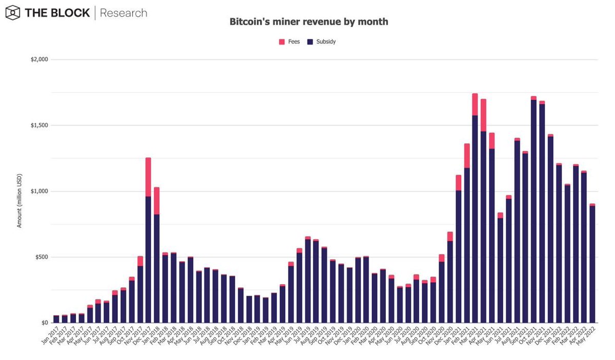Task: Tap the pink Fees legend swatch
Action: [x=281, y=41]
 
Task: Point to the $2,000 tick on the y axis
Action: [x=39, y=59]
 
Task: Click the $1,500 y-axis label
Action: [x=39, y=125]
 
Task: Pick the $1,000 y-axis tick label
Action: [x=39, y=191]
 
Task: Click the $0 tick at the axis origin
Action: [x=45, y=323]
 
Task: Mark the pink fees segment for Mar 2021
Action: [x=475, y=104]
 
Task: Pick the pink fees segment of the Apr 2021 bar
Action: [x=483, y=115]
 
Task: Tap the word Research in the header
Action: [x=123, y=13]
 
